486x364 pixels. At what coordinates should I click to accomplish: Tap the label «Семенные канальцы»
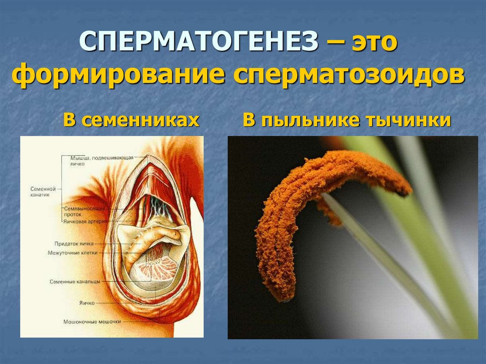pos(75,281)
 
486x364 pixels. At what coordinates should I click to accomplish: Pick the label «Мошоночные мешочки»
pos(93,321)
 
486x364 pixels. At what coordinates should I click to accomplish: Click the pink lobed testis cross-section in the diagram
pos(157,273)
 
